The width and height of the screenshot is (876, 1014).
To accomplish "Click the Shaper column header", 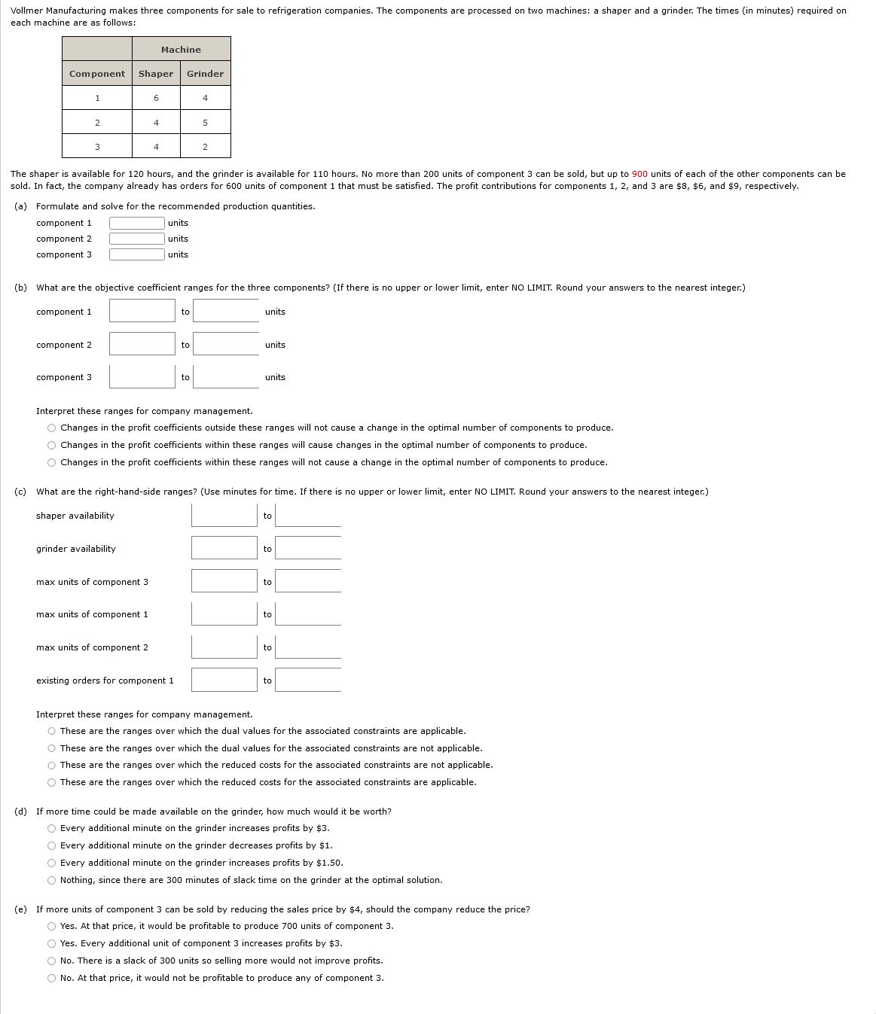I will tap(156, 74).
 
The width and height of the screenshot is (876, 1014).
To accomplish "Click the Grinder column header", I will tap(205, 74).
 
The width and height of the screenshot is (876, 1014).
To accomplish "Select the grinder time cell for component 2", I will tap(205, 123).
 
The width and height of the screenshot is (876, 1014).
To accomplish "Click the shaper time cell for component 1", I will tap(156, 98).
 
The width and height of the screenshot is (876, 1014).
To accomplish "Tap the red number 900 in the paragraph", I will tap(639, 174).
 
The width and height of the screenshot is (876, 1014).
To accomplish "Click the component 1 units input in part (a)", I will tap(137, 223).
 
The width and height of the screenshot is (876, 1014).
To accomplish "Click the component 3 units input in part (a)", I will tap(137, 254).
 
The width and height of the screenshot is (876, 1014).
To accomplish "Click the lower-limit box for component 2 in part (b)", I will tap(142, 344).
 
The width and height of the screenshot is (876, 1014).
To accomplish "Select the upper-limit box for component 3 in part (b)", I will tap(226, 376).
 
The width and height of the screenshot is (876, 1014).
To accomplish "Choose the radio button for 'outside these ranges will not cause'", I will tap(52, 428).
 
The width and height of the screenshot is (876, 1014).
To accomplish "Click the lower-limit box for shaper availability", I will tap(224, 516).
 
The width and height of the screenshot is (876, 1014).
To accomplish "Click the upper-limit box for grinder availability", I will tap(308, 548).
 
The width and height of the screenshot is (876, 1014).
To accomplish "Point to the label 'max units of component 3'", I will tap(92, 582).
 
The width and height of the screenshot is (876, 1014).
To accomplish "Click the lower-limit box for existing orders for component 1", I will tap(224, 680).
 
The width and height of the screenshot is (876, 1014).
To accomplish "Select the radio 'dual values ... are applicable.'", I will tap(52, 731).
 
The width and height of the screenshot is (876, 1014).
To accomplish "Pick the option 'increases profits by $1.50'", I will tap(52, 863).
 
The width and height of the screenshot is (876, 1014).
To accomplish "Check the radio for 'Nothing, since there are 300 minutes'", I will tap(52, 880).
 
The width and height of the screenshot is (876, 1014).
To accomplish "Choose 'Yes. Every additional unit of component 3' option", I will tap(52, 943).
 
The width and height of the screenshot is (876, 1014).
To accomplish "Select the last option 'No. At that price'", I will tap(52, 978).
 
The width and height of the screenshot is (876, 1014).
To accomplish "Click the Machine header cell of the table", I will tap(181, 50).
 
